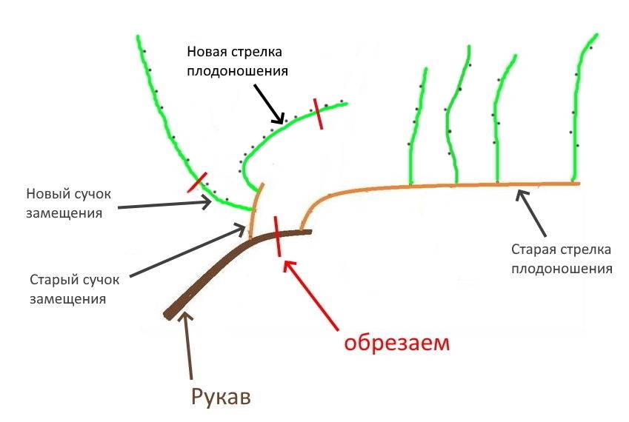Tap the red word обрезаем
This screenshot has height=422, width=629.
[x=396, y=344]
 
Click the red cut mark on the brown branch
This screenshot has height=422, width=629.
[x=277, y=235]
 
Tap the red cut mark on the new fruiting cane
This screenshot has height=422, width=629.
[x=319, y=113]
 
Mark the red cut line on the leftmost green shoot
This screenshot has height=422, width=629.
[x=196, y=182]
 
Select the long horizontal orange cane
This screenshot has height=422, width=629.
[x=445, y=185]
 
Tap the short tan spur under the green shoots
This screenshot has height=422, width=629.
[x=255, y=211]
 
